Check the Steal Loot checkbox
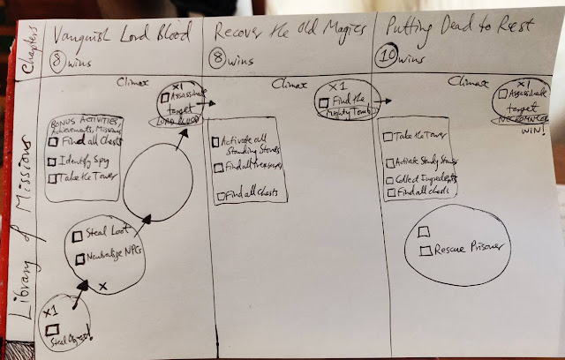pos(79,235)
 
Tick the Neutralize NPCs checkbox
pos(79,257)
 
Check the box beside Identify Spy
pos(54,161)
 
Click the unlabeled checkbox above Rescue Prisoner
pos(423,230)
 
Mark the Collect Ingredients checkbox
pos(390,179)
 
